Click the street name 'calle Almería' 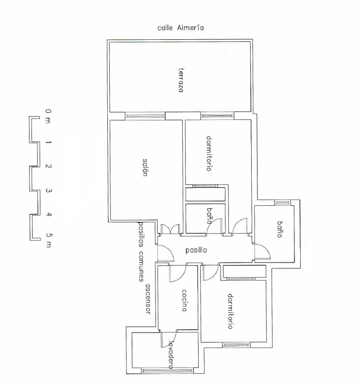(x=181, y=28)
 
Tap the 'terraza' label (x=181, y=80)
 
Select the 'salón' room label (x=145, y=167)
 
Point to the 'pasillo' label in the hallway (x=196, y=250)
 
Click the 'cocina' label (x=184, y=300)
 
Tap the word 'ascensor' (x=148, y=299)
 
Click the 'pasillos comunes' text (x=141, y=251)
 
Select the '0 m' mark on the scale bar (x=48, y=116)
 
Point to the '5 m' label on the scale (x=49, y=240)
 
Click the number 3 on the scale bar (x=49, y=190)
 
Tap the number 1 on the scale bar (x=49, y=142)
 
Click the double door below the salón (x=171, y=229)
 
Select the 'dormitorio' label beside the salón (x=209, y=154)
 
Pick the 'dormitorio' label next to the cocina (x=230, y=312)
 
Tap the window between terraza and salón (x=145, y=116)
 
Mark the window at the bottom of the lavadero (x=168, y=371)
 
